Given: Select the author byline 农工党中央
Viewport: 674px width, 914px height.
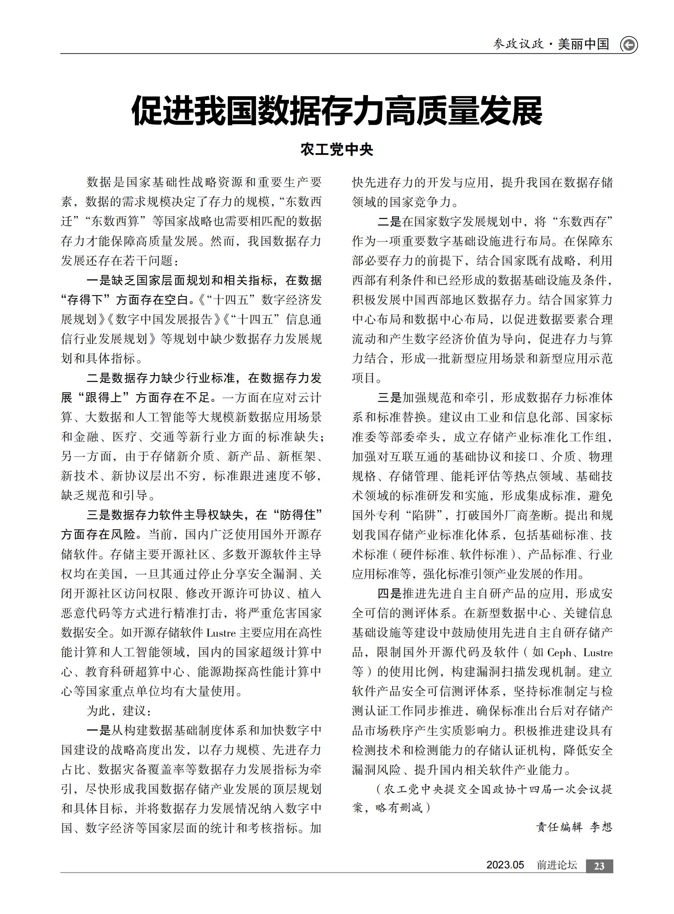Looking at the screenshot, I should (337, 149).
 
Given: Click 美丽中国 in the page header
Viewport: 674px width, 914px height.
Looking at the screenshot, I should (584, 44).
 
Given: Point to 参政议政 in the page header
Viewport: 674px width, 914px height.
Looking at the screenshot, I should (518, 44).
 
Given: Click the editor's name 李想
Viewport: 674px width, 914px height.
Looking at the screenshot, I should (601, 827).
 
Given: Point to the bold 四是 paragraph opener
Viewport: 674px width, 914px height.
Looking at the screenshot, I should (389, 593).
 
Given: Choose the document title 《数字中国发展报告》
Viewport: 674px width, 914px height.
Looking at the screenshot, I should (164, 319).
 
